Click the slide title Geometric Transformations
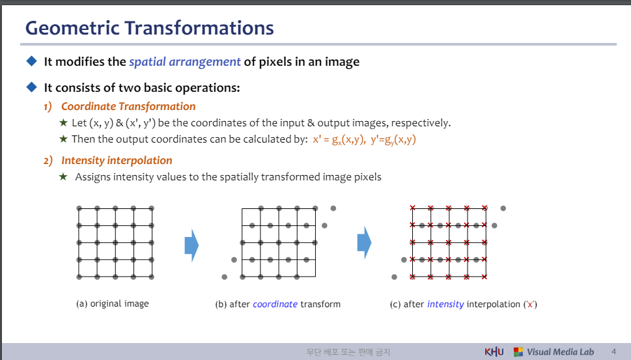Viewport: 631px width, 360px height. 149,28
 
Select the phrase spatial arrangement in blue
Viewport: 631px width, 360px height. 185,62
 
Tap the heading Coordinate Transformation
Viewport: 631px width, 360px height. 128,106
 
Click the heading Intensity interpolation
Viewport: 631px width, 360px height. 117,161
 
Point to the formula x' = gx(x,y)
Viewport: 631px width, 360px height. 339,139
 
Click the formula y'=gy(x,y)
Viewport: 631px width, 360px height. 393,139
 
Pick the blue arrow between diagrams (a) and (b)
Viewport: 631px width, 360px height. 191,245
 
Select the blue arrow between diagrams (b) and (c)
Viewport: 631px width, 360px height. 364,243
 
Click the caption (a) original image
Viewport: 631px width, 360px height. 112,303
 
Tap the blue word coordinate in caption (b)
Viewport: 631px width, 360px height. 275,304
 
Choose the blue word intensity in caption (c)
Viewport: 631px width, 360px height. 445,304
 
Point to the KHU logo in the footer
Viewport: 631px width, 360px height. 494,352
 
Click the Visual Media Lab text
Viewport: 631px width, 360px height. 560,352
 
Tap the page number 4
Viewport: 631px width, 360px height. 613,352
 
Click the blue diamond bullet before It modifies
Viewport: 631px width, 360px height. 31,61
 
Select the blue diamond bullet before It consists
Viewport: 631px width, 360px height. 31,87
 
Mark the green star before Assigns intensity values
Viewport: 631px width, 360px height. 63,176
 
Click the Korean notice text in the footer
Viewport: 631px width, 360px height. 348,352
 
